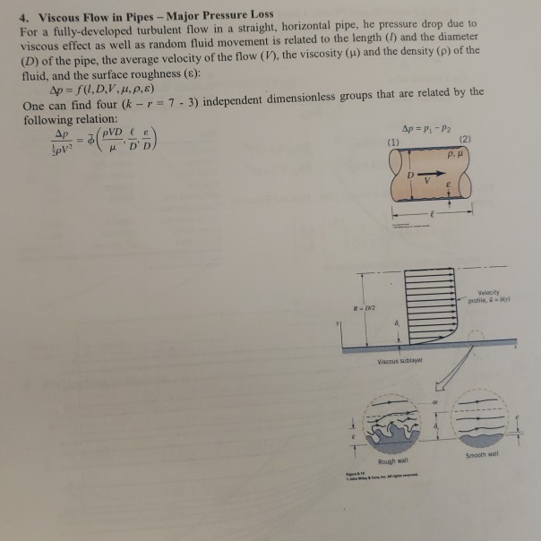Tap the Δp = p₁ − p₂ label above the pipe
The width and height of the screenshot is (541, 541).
[427, 126]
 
